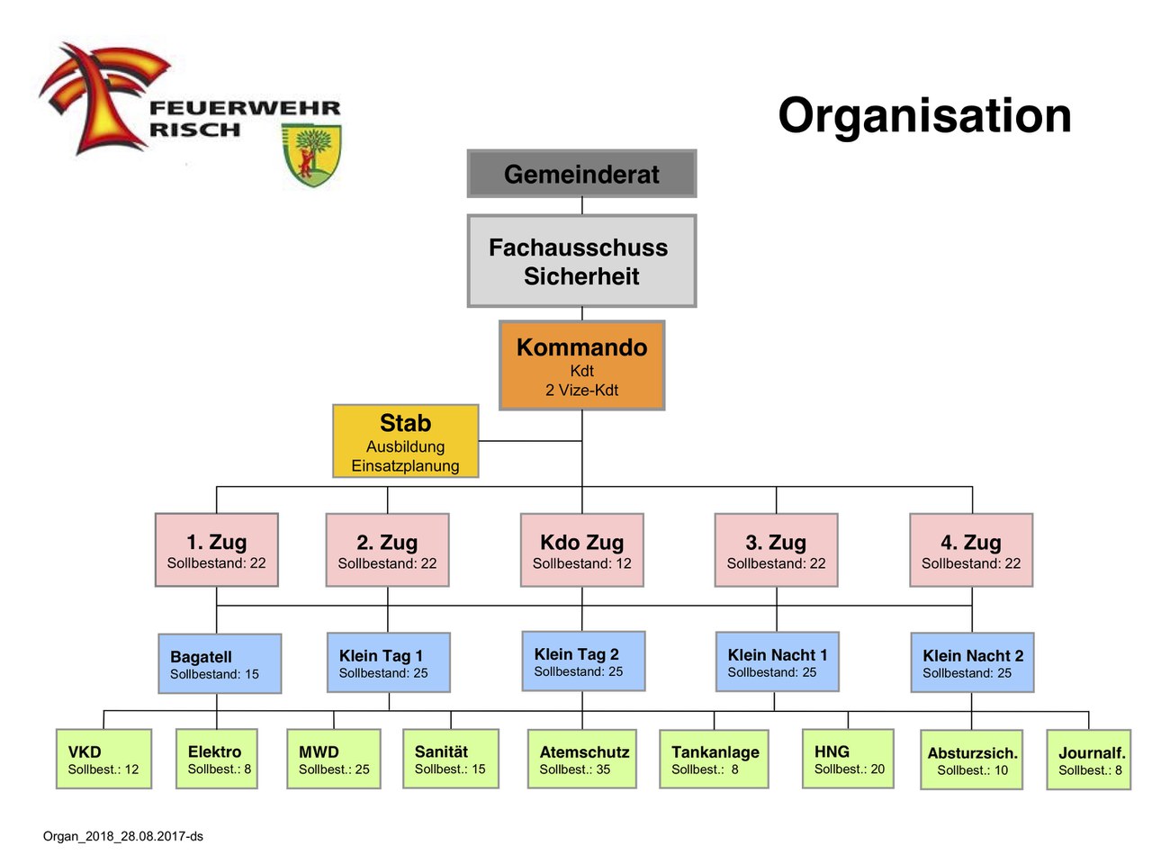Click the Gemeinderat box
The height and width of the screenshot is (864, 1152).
click(x=581, y=174)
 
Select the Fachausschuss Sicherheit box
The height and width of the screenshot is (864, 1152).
click(x=581, y=261)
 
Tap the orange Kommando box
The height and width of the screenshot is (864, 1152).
click(x=581, y=365)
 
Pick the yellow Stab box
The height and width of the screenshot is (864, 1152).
click(x=405, y=441)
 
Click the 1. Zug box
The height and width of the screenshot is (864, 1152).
click(x=216, y=550)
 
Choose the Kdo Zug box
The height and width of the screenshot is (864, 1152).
click(x=581, y=550)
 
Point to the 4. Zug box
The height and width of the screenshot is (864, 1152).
click(x=971, y=550)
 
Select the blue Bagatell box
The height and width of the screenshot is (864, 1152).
click(x=220, y=663)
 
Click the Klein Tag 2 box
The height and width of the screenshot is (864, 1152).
click(x=583, y=661)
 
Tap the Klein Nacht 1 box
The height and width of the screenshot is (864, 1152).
click(x=777, y=661)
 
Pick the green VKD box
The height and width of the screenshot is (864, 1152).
click(x=103, y=759)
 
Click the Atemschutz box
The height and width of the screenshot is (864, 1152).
click(x=581, y=759)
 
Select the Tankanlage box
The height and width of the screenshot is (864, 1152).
click(x=714, y=759)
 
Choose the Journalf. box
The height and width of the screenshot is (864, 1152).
click(x=1088, y=760)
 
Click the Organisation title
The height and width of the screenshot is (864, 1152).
click(x=924, y=115)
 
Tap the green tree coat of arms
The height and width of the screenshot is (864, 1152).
click(x=311, y=154)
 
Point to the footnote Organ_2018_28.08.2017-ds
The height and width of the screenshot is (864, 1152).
click(x=123, y=836)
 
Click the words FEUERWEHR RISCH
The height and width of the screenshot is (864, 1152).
click(x=244, y=119)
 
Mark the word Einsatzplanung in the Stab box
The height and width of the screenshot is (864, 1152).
click(x=405, y=465)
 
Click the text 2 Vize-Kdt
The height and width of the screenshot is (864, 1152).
click(x=581, y=390)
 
